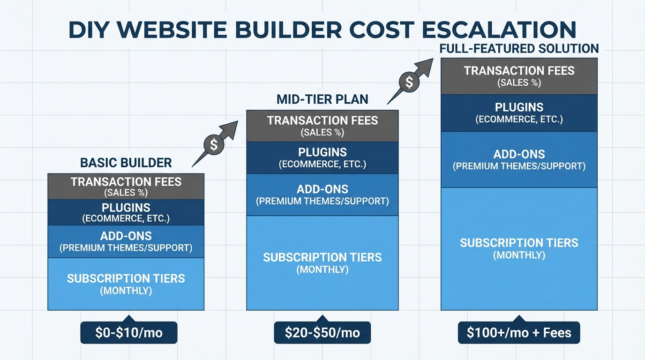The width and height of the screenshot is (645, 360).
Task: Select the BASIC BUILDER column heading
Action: pyautogui.click(x=126, y=163)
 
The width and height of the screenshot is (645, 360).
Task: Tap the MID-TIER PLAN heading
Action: pyautogui.click(x=322, y=99)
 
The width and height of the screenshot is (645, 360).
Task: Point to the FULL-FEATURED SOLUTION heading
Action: pyautogui.click(x=519, y=48)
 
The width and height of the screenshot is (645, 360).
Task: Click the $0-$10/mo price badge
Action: pyautogui.click(x=129, y=333)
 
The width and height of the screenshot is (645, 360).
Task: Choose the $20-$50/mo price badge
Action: pyautogui.click(x=322, y=333)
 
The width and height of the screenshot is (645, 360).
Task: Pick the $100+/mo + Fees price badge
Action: pyautogui.click(x=519, y=333)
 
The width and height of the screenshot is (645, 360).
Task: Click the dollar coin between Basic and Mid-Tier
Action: pyautogui.click(x=214, y=145)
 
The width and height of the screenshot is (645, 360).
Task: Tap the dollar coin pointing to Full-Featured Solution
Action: pyautogui.click(x=409, y=82)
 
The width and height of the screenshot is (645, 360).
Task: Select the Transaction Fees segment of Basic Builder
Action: pyautogui.click(x=126, y=186)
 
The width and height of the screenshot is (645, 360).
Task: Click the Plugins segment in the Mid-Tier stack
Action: pyautogui.click(x=322, y=157)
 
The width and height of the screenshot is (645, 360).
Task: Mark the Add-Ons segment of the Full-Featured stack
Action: pyautogui.click(x=519, y=159)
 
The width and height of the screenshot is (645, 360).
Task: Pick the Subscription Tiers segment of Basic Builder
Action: pyautogui.click(x=126, y=284)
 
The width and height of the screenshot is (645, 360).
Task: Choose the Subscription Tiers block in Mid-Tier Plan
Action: pyautogui.click(x=322, y=262)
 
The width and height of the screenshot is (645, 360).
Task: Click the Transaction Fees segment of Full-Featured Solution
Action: pyautogui.click(x=519, y=76)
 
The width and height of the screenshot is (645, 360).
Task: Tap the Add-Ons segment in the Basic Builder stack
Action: pyautogui.click(x=126, y=241)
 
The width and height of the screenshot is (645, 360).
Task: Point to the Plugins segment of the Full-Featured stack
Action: pyautogui.click(x=519, y=112)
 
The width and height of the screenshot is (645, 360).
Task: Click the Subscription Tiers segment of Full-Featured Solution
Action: pyautogui.click(x=519, y=248)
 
